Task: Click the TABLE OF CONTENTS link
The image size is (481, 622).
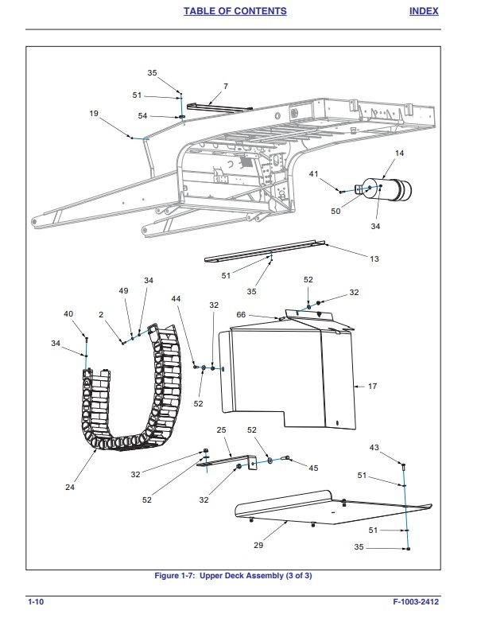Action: pyautogui.click(x=235, y=11)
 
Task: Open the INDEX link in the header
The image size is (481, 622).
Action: pyautogui.click(x=425, y=11)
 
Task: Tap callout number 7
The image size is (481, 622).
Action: pyautogui.click(x=225, y=86)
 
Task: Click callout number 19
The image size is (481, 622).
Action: pyautogui.click(x=94, y=114)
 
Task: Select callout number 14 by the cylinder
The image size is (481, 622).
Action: pyautogui.click(x=399, y=153)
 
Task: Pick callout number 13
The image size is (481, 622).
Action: pyautogui.click(x=374, y=259)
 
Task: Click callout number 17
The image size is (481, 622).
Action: pyautogui.click(x=371, y=387)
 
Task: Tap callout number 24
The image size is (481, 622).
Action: pyautogui.click(x=70, y=487)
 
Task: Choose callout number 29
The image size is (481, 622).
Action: pyautogui.click(x=258, y=546)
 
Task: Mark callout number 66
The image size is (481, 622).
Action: pyautogui.click(x=241, y=315)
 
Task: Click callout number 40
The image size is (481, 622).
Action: pyautogui.click(x=68, y=313)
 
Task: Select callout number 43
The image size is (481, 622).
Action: pyautogui.click(x=374, y=448)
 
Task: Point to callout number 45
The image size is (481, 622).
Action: pyautogui.click(x=313, y=468)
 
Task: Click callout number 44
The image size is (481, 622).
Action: pyautogui.click(x=176, y=298)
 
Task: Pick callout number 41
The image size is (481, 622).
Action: pyautogui.click(x=314, y=173)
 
